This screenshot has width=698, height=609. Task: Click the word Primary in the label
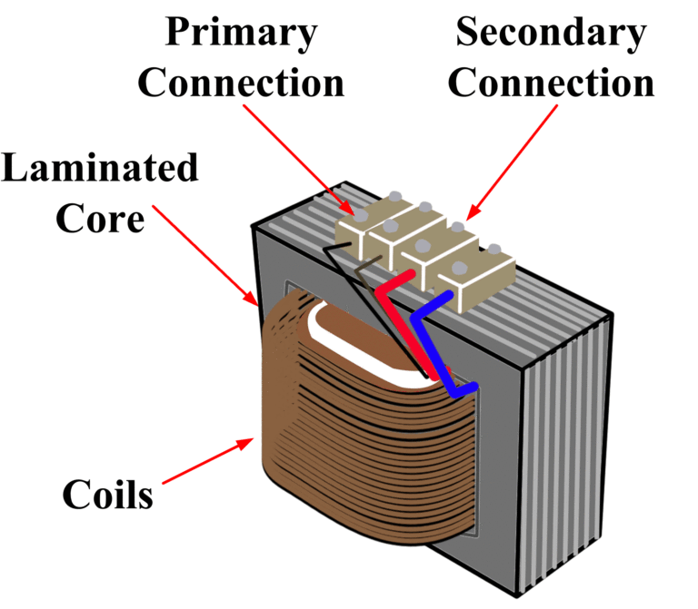point(240,33)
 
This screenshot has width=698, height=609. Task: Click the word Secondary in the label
point(550,33)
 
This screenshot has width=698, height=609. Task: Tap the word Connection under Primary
point(240,83)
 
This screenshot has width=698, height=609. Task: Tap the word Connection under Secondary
point(552,83)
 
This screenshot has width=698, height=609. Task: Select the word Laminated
point(99,169)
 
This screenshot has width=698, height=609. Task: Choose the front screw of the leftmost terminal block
point(361,217)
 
